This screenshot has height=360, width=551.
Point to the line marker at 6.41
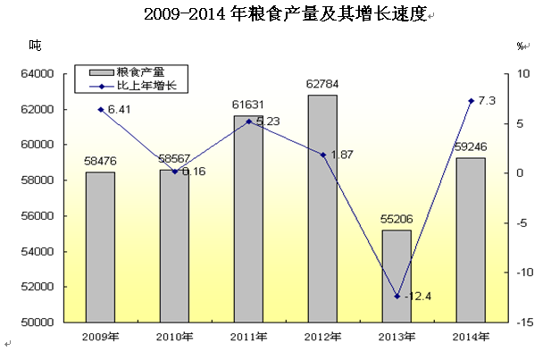(100, 109)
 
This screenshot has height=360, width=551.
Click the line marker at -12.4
(397, 297)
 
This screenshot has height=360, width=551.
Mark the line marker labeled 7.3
(471, 100)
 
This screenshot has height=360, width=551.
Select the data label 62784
(322, 86)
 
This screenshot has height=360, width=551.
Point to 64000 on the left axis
(43, 73)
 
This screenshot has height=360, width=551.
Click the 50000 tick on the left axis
(43, 322)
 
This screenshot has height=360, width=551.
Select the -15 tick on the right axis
(525, 322)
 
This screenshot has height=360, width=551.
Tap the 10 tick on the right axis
(525, 73)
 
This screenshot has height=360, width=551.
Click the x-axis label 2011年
(248, 337)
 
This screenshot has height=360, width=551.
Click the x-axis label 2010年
(174, 337)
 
